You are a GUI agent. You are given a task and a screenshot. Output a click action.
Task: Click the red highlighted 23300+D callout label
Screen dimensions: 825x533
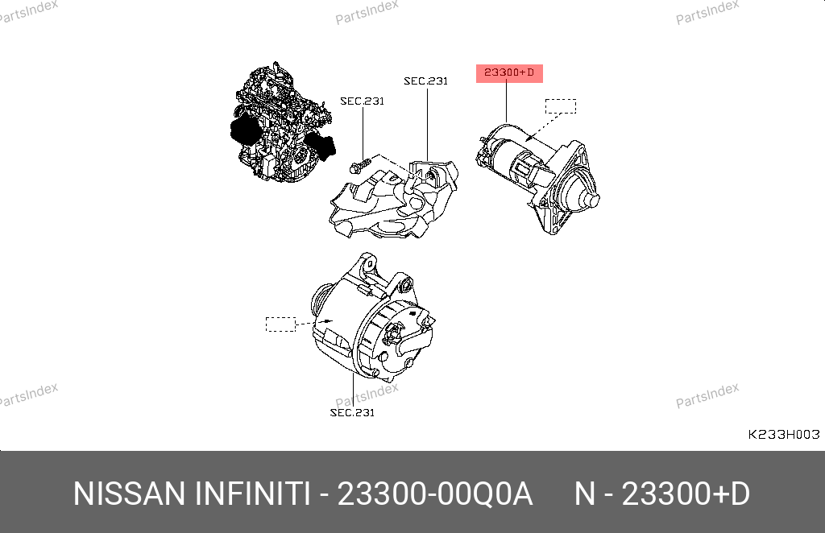click(509, 73)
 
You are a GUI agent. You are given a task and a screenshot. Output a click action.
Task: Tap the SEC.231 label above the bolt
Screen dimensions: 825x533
click(362, 101)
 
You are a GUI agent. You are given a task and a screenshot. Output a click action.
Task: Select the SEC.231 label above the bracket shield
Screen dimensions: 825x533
click(425, 81)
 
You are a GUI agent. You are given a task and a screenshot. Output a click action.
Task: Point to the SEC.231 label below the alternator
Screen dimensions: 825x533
click(352, 412)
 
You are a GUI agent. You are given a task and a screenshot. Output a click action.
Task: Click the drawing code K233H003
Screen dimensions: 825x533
click(784, 434)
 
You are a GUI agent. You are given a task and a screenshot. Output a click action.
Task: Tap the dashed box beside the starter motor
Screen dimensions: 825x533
click(561, 106)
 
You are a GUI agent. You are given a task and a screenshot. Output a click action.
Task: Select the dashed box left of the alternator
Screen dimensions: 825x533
click(281, 324)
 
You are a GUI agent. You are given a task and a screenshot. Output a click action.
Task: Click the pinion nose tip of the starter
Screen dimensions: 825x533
click(593, 200)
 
